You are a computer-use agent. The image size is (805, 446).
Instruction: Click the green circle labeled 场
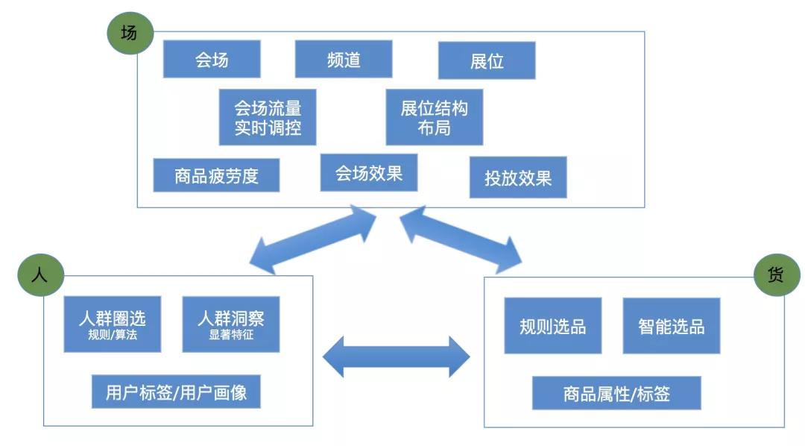[x=130, y=34]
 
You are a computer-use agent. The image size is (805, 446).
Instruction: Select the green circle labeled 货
[x=777, y=275]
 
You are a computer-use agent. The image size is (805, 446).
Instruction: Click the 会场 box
[x=212, y=59]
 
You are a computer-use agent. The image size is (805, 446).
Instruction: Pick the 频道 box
[x=344, y=59]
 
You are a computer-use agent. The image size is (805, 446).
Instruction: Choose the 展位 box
[x=487, y=60]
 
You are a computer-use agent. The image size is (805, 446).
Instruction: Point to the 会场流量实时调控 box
[x=268, y=117]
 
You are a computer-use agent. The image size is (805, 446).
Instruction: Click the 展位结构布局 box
[x=434, y=117]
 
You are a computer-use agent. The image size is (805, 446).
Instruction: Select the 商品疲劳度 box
[x=216, y=175]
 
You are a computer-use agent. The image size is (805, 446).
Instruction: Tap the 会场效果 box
[x=369, y=173]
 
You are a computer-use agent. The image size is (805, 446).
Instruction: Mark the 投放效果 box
[x=518, y=178]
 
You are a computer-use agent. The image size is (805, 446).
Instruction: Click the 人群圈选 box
[x=113, y=324]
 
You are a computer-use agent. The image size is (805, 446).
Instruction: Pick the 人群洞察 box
[x=231, y=324]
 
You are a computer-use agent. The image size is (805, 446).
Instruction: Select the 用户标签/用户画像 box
[x=176, y=392]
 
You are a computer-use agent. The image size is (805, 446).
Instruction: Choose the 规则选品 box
[x=552, y=326]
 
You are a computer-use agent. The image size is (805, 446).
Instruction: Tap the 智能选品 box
[x=672, y=326]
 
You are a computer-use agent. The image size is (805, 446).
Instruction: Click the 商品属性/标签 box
[x=616, y=393]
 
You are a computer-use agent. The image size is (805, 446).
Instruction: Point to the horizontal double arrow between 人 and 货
[x=396, y=357]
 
